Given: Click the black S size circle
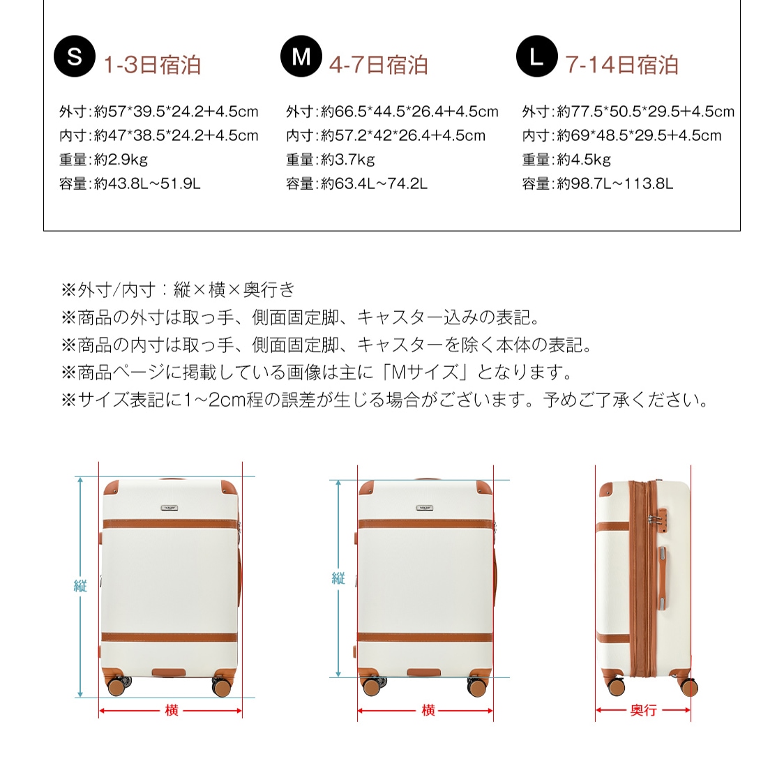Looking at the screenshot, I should (75, 56).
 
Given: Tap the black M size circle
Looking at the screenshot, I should (301, 56).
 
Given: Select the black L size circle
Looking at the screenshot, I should (536, 56).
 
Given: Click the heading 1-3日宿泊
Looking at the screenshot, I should (152, 65).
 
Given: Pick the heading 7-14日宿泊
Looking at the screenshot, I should (621, 65).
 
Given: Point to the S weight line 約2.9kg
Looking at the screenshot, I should (103, 160).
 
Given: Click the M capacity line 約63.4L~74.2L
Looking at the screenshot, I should (356, 184).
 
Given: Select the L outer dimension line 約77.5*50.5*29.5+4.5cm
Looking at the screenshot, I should (628, 112).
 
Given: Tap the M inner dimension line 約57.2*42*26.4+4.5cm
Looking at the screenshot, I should (385, 136).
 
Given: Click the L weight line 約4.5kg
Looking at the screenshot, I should (566, 160).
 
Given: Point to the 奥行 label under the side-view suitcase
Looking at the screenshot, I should (643, 710).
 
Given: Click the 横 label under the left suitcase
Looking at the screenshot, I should (172, 710).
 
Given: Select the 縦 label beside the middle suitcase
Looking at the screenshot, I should (338, 578).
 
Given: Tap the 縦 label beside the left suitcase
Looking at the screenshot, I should (80, 586).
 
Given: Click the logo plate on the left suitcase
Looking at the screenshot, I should (169, 508).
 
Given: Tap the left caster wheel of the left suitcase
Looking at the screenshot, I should (116, 686).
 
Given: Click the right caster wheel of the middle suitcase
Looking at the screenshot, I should (478, 686).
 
